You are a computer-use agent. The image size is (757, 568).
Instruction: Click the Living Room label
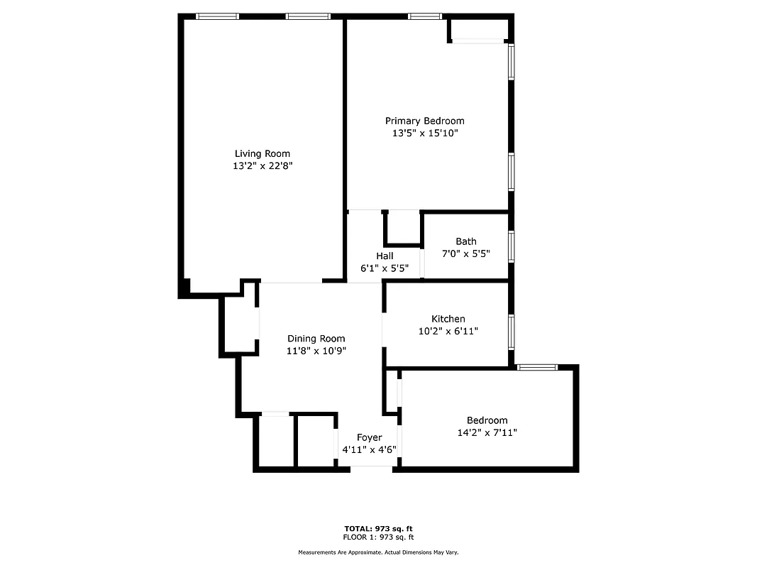263,153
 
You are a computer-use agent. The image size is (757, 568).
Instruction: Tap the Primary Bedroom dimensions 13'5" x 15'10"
425,133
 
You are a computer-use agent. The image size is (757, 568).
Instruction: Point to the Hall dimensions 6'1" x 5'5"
385,268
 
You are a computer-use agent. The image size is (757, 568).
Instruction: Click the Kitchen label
448,319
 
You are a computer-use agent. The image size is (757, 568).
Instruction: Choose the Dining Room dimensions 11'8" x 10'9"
316,351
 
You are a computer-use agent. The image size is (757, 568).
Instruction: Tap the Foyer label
369,437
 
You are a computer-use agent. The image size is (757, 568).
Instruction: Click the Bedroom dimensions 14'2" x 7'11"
487,432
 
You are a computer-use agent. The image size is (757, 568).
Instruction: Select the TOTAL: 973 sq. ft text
379,528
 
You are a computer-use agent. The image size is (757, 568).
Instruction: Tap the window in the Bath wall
512,246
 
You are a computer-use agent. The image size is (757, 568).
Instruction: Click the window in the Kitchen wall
512,332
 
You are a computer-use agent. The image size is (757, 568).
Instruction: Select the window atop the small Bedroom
537,367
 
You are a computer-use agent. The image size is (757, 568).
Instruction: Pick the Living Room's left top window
217,16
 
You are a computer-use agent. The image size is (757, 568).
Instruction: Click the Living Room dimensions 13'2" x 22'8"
263,165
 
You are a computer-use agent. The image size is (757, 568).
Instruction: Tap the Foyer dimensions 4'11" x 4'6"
369,449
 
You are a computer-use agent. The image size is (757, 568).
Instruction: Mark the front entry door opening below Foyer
372,467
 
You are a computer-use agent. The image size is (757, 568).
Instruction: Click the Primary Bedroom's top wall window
425,16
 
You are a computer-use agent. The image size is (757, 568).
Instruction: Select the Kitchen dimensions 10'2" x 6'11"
448,331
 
